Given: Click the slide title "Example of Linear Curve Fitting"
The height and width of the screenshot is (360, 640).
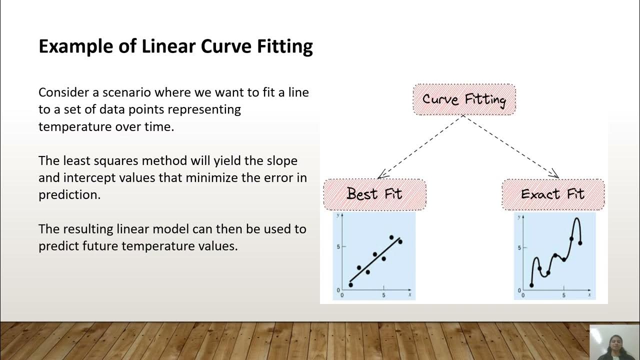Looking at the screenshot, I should tap(175, 46).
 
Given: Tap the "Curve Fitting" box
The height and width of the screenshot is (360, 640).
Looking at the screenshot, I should tap(464, 99).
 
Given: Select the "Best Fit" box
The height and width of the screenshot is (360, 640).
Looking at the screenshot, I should tap(374, 194).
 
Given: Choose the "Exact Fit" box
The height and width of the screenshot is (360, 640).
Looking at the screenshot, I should tap(553, 194).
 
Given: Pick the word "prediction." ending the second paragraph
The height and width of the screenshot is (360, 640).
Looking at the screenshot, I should tap(69, 194).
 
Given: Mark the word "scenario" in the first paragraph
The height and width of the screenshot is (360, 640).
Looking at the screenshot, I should tap(126, 92).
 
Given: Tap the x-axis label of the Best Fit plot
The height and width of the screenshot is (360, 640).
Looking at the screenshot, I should tap(409, 295).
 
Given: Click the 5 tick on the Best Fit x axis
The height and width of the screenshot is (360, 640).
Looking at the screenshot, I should tap(383, 295).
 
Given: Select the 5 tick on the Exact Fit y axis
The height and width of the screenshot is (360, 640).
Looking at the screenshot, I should tap(519, 247).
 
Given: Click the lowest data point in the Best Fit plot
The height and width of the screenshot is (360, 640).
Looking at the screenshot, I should tap(350, 285).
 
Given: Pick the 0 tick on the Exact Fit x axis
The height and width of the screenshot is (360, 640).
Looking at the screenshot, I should tap(523, 295).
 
